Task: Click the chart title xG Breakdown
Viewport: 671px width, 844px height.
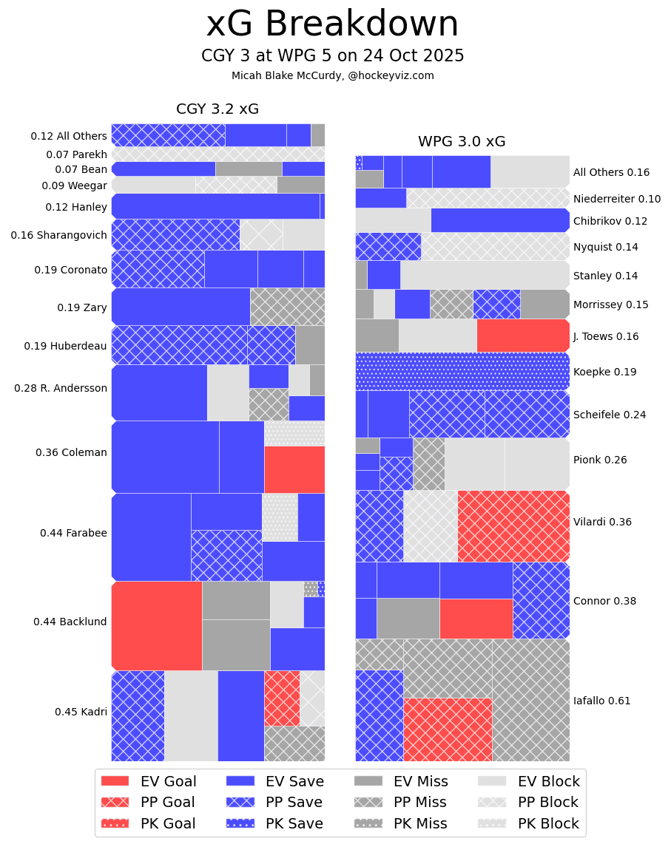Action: point(332,24)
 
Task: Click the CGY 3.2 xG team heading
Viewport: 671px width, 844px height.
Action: point(218,109)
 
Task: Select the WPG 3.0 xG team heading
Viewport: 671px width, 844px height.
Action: point(462,142)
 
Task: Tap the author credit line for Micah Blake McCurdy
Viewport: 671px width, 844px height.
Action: point(332,75)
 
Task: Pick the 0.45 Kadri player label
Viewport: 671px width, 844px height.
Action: point(81,712)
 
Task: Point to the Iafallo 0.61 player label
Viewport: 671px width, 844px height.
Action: point(602,701)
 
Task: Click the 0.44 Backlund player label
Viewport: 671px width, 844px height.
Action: point(70,622)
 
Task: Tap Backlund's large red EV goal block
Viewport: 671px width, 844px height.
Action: point(157,625)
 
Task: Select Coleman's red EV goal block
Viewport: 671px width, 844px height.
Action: point(294,469)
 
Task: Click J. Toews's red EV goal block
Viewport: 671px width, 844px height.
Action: point(523,336)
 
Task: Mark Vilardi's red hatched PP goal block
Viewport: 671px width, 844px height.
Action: point(513,526)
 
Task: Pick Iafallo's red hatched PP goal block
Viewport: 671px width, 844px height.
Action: point(448,729)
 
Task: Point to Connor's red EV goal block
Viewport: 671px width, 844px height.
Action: point(476,619)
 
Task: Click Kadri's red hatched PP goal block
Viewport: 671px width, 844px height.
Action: point(282,698)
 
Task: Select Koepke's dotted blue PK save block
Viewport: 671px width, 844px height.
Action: point(462,371)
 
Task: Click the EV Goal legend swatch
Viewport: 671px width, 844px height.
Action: point(115,781)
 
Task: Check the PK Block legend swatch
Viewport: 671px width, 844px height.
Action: point(492,823)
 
